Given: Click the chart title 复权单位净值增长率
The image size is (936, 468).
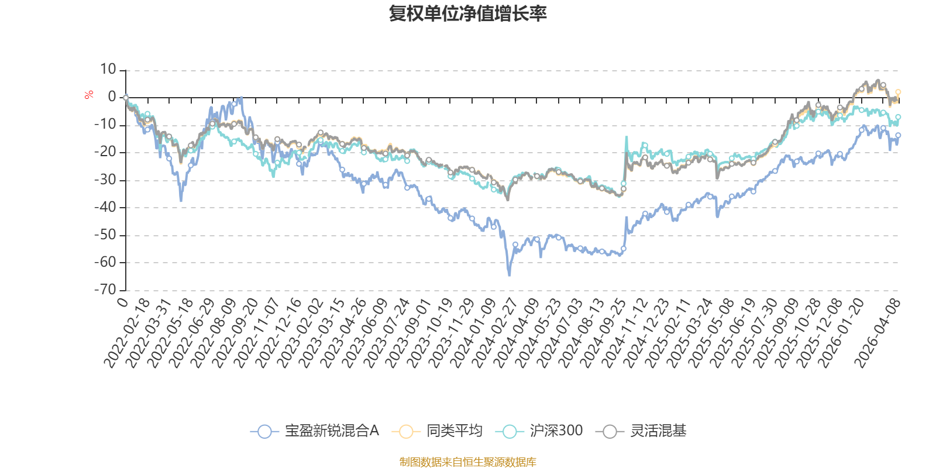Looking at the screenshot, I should (x=468, y=13).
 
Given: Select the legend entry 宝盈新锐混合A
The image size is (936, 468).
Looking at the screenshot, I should (x=316, y=431).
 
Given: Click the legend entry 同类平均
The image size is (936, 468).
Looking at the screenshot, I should (x=439, y=431).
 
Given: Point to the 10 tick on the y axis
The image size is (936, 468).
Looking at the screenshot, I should (x=108, y=70).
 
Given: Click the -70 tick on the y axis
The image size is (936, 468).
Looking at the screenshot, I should (x=105, y=290).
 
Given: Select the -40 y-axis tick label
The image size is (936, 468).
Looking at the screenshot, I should (x=105, y=207).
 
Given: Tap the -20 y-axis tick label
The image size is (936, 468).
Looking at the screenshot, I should (x=105, y=152).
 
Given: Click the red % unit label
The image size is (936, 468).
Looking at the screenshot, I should (x=89, y=95).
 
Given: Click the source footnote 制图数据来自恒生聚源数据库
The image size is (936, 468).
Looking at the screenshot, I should (x=468, y=462).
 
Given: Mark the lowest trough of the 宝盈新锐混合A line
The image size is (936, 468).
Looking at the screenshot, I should (x=509, y=275).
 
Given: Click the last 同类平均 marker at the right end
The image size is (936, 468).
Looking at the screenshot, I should (x=898, y=92).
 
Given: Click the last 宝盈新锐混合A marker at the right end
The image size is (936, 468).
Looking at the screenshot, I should (x=898, y=135).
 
